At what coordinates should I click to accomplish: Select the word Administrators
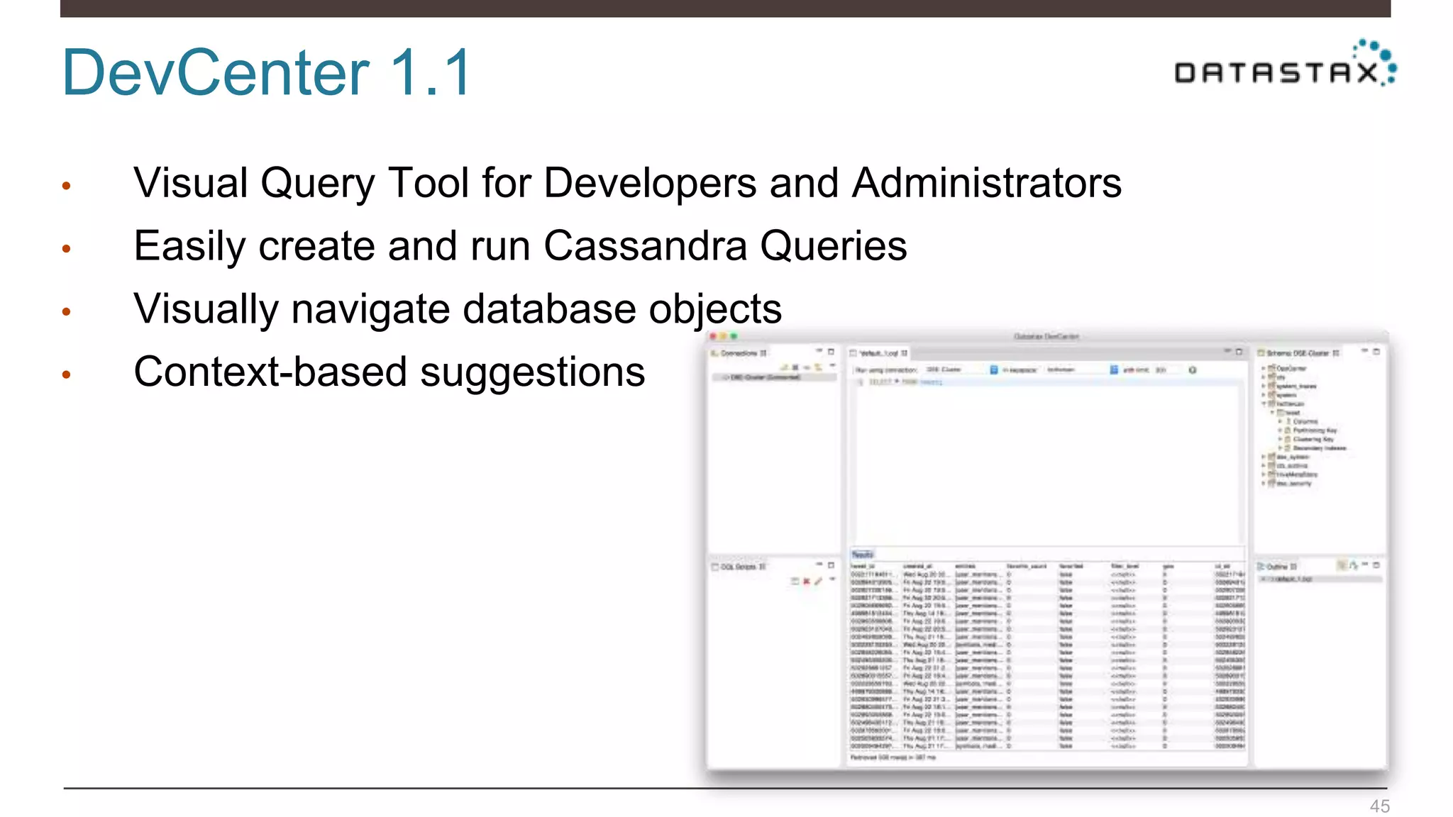[x=987, y=183]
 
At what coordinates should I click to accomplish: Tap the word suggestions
[x=532, y=372]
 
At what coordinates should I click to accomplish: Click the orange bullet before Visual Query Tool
[x=67, y=187]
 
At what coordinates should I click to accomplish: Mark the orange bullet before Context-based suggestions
[x=67, y=375]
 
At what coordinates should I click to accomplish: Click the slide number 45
[x=1379, y=806]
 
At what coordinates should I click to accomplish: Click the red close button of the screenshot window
[x=713, y=336]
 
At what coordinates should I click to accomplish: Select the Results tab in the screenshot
[x=862, y=555]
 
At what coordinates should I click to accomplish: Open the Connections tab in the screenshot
[x=740, y=353]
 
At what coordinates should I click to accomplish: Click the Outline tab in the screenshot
[x=1277, y=567]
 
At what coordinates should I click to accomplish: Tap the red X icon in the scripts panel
[x=807, y=582]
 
